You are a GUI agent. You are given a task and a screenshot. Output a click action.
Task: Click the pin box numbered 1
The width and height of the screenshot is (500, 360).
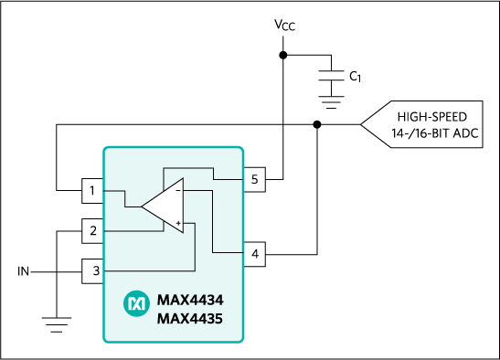tap(92, 191)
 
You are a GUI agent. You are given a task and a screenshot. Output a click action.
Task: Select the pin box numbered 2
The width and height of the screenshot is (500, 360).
tap(92, 231)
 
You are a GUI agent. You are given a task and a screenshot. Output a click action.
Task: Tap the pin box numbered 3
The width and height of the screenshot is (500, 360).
tap(93, 270)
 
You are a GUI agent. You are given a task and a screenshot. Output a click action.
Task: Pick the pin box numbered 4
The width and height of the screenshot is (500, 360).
tap(254, 253)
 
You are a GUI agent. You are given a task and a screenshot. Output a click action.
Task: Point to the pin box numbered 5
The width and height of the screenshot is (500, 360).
tap(254, 179)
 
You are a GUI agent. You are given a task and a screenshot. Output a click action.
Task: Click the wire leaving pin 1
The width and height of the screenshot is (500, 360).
tap(115, 191)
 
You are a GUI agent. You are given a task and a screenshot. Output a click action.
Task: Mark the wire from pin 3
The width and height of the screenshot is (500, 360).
tap(146, 270)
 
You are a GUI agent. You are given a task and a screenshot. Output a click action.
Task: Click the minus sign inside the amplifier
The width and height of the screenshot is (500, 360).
tap(177, 190)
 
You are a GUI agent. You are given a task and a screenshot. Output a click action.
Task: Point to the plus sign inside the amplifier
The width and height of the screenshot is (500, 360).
tap(177, 224)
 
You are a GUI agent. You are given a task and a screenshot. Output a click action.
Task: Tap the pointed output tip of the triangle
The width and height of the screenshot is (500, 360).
tap(143, 206)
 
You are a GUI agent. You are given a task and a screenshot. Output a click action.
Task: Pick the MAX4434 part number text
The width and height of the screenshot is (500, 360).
tap(189, 300)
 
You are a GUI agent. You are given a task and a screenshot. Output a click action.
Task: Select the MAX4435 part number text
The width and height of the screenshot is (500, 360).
tap(189, 319)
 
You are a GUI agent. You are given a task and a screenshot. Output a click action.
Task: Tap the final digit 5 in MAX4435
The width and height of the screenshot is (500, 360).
tap(218, 319)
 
